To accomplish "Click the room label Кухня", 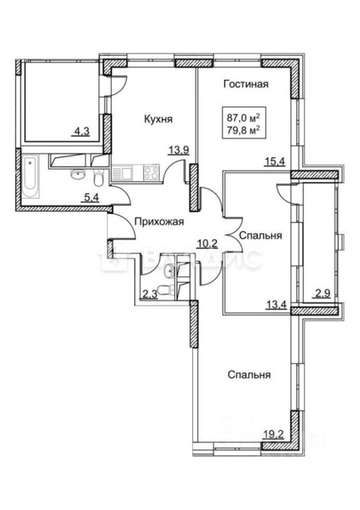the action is point(159,120).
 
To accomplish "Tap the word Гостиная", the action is point(245,84).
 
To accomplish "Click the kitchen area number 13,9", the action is point(178,151).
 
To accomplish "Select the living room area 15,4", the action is point(276,163).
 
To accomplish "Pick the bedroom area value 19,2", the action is point(274,433).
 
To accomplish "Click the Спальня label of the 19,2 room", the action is point(250,375).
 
